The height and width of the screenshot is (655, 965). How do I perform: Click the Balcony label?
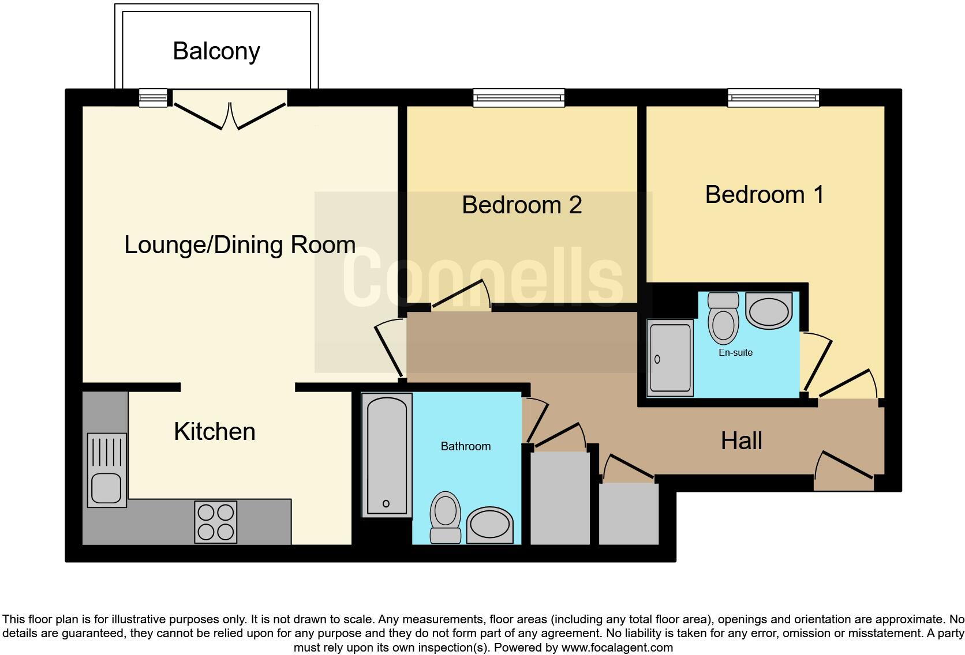coord(216,51)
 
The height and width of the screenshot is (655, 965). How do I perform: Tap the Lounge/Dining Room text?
coord(240,245)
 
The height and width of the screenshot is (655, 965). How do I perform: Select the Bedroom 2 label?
coord(522,205)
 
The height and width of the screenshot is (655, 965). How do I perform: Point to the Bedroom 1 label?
coord(764,195)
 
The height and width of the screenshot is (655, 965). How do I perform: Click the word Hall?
coord(741,441)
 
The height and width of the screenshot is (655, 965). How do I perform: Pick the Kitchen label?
coord(214,432)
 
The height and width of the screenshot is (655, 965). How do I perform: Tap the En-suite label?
coord(735,353)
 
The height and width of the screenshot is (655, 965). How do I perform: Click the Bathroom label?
coord(465,446)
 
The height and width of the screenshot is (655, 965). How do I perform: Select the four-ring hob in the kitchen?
coord(216,522)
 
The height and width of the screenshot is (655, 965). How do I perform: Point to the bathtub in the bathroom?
coord(387,456)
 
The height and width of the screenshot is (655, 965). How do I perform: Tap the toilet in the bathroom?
coord(446,516)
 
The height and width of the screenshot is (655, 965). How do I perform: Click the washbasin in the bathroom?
coord(489,525)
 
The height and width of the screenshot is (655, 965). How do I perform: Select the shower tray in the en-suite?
coord(669,358)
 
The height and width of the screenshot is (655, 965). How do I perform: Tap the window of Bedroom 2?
coord(518,98)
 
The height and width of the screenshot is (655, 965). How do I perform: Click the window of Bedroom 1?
coord(773,98)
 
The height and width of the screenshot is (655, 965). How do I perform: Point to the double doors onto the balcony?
coord(230,114)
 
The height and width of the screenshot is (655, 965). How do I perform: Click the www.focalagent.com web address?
coord(616,648)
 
